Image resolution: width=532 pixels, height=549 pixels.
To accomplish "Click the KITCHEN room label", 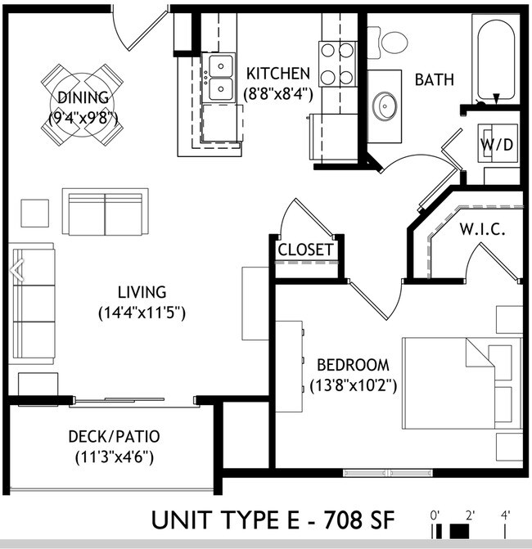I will (x=278, y=74).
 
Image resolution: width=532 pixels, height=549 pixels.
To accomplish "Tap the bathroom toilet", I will (x=393, y=41).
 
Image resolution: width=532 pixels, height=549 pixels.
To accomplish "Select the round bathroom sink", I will (x=385, y=105).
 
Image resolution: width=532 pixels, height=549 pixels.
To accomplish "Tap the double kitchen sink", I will (x=219, y=77).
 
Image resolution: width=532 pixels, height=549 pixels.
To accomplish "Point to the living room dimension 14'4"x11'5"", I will (x=142, y=312).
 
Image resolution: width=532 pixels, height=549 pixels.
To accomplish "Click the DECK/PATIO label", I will (x=113, y=436).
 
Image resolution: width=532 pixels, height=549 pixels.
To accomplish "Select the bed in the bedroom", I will (x=462, y=383).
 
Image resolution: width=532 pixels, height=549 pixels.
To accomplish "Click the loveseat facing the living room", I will (x=105, y=211).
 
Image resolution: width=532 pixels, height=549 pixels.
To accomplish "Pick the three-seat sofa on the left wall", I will (x=31, y=304).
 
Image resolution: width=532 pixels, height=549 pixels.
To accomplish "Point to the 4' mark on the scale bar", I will (x=506, y=515).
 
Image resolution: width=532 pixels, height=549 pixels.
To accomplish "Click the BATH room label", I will (x=435, y=80).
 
